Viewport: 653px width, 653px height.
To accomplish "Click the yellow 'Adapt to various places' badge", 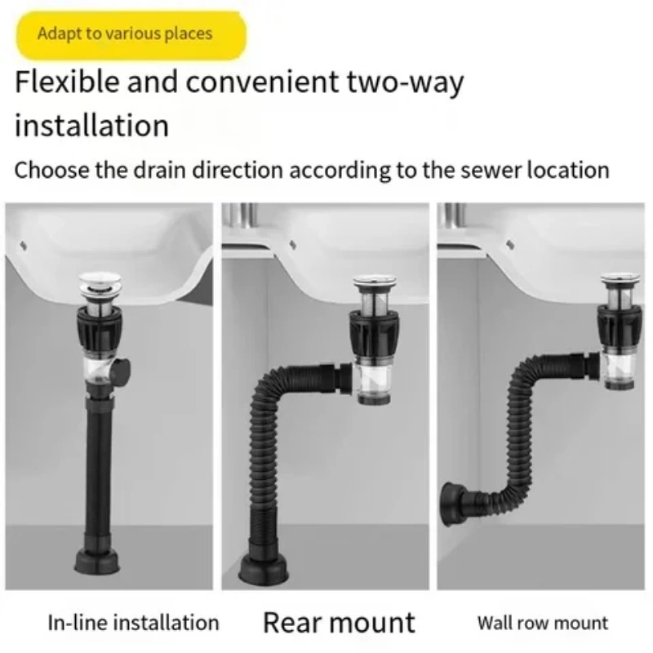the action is point(131,35).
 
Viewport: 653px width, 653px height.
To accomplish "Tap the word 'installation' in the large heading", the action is point(91,126).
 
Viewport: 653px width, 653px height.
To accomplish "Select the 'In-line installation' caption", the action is point(133,623).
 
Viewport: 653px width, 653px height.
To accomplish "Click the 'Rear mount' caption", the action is point(339,623).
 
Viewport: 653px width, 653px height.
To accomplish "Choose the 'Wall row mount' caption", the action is point(543,624).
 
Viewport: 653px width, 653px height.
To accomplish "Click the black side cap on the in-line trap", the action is point(122,371).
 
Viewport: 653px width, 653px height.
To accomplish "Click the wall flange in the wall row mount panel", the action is point(451,504).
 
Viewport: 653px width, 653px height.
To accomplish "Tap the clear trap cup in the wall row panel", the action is point(620,371).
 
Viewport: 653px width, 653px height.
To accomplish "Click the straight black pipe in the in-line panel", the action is point(99,473).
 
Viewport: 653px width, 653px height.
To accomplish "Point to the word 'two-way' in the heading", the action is point(405,82).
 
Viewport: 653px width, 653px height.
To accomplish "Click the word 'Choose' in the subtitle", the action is point(51,171).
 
